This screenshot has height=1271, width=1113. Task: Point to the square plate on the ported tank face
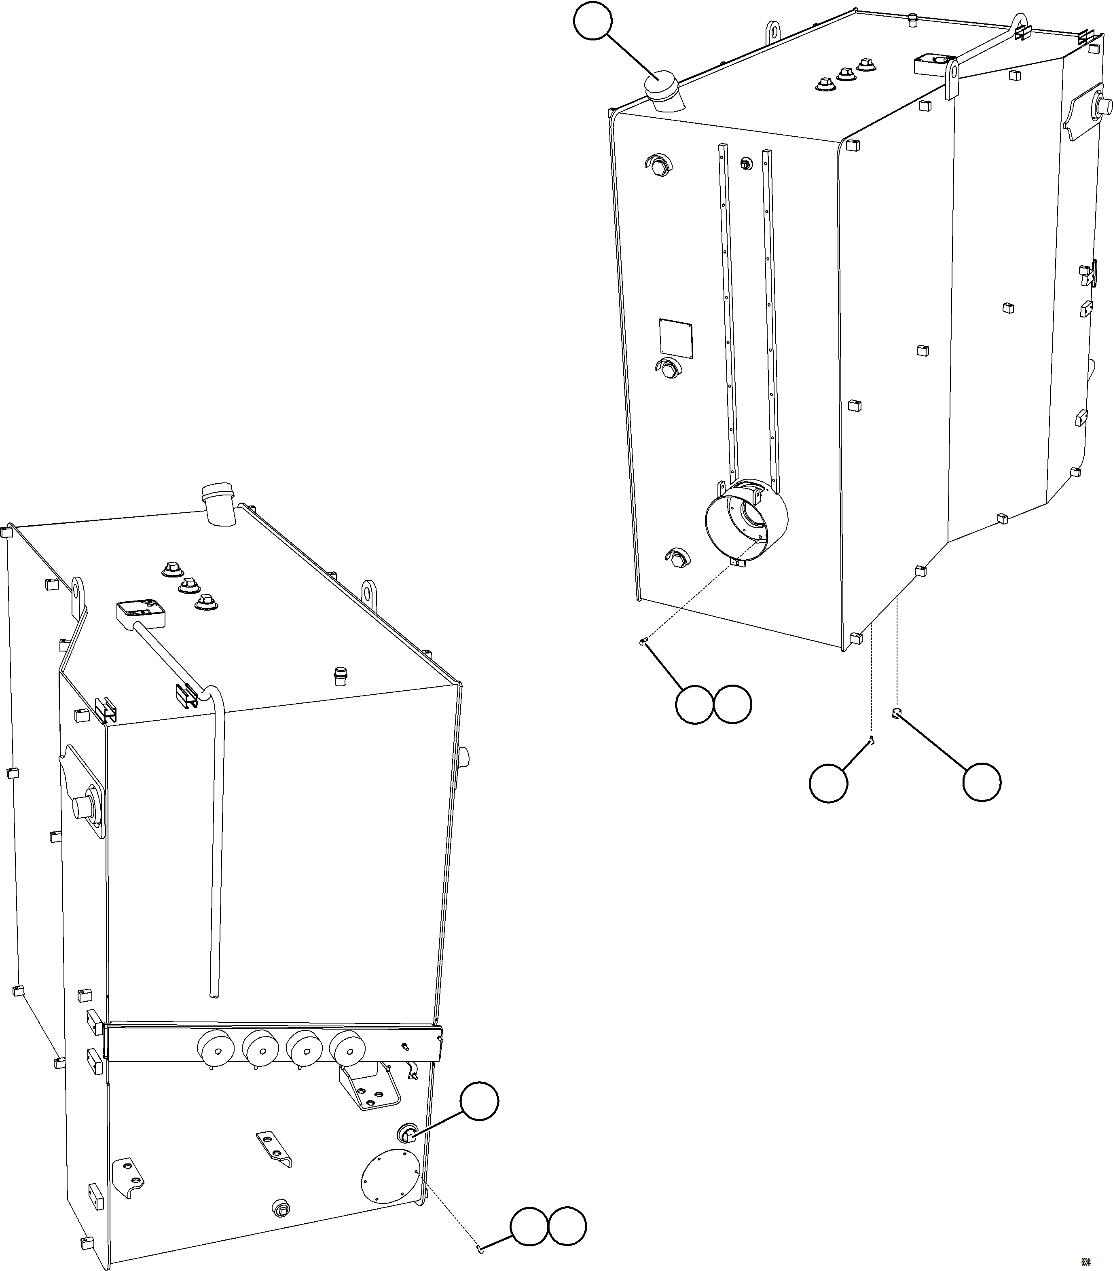pyautogui.click(x=676, y=338)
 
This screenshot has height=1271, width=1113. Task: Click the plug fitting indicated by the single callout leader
pyautogui.click(x=407, y=1134)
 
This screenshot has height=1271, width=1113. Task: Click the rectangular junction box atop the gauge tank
pyautogui.click(x=141, y=611)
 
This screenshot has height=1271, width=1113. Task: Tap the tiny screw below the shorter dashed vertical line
pyautogui.click(x=873, y=740)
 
